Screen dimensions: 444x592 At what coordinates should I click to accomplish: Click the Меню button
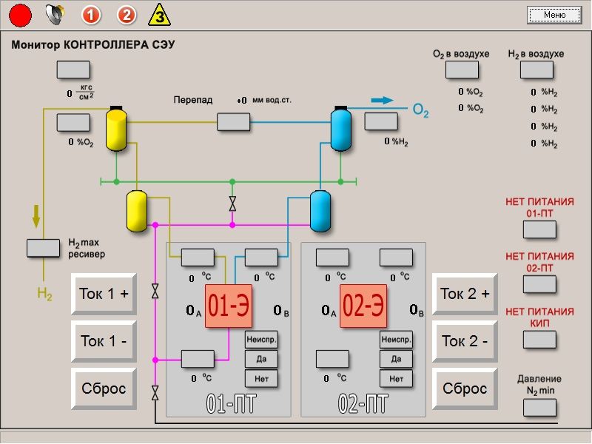click(554, 15)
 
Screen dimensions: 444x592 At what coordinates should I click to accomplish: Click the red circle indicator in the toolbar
click(20, 14)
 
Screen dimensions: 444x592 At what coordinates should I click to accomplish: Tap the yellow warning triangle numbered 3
click(158, 14)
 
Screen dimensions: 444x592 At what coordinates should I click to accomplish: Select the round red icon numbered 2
click(127, 14)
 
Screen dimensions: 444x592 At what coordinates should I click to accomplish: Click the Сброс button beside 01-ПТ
click(104, 388)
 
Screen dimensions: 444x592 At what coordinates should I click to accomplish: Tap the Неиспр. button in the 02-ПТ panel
click(396, 340)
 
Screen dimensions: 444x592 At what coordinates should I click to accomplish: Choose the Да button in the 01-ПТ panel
click(261, 359)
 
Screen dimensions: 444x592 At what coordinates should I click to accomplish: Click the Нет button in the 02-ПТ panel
click(396, 378)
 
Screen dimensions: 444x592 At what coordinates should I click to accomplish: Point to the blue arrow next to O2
click(382, 101)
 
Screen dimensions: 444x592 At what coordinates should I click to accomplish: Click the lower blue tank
click(320, 210)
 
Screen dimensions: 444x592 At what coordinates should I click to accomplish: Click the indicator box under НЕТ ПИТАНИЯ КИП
click(539, 340)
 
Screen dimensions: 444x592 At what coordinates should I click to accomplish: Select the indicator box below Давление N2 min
click(539, 408)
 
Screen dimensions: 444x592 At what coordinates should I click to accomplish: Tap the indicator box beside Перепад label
click(233, 122)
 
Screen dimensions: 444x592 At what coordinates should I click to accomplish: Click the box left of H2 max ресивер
click(44, 248)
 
